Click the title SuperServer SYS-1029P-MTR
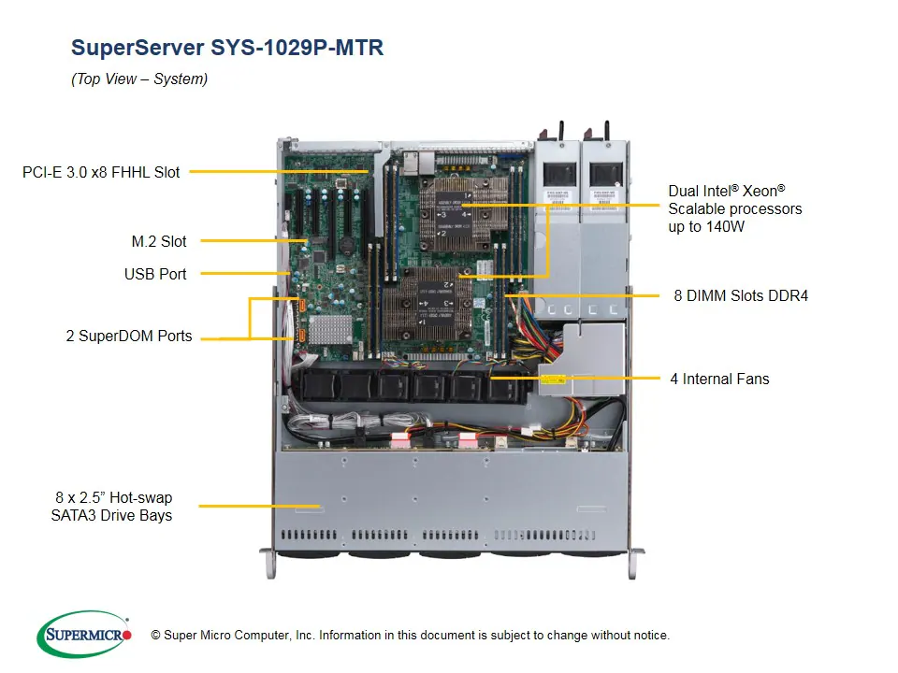pos(227,48)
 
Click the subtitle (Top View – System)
pos(139,79)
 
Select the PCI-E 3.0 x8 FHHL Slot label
pos(101,172)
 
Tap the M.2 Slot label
pos(159,241)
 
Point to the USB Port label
pos(155,274)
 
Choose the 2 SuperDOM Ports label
pos(129,336)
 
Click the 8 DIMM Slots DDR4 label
pos(741,295)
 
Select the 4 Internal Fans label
pos(719,379)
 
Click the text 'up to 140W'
pos(706,227)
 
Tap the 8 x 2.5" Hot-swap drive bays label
pos(113,506)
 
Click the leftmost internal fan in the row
pos(317,387)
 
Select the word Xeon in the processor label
pos(760,191)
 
